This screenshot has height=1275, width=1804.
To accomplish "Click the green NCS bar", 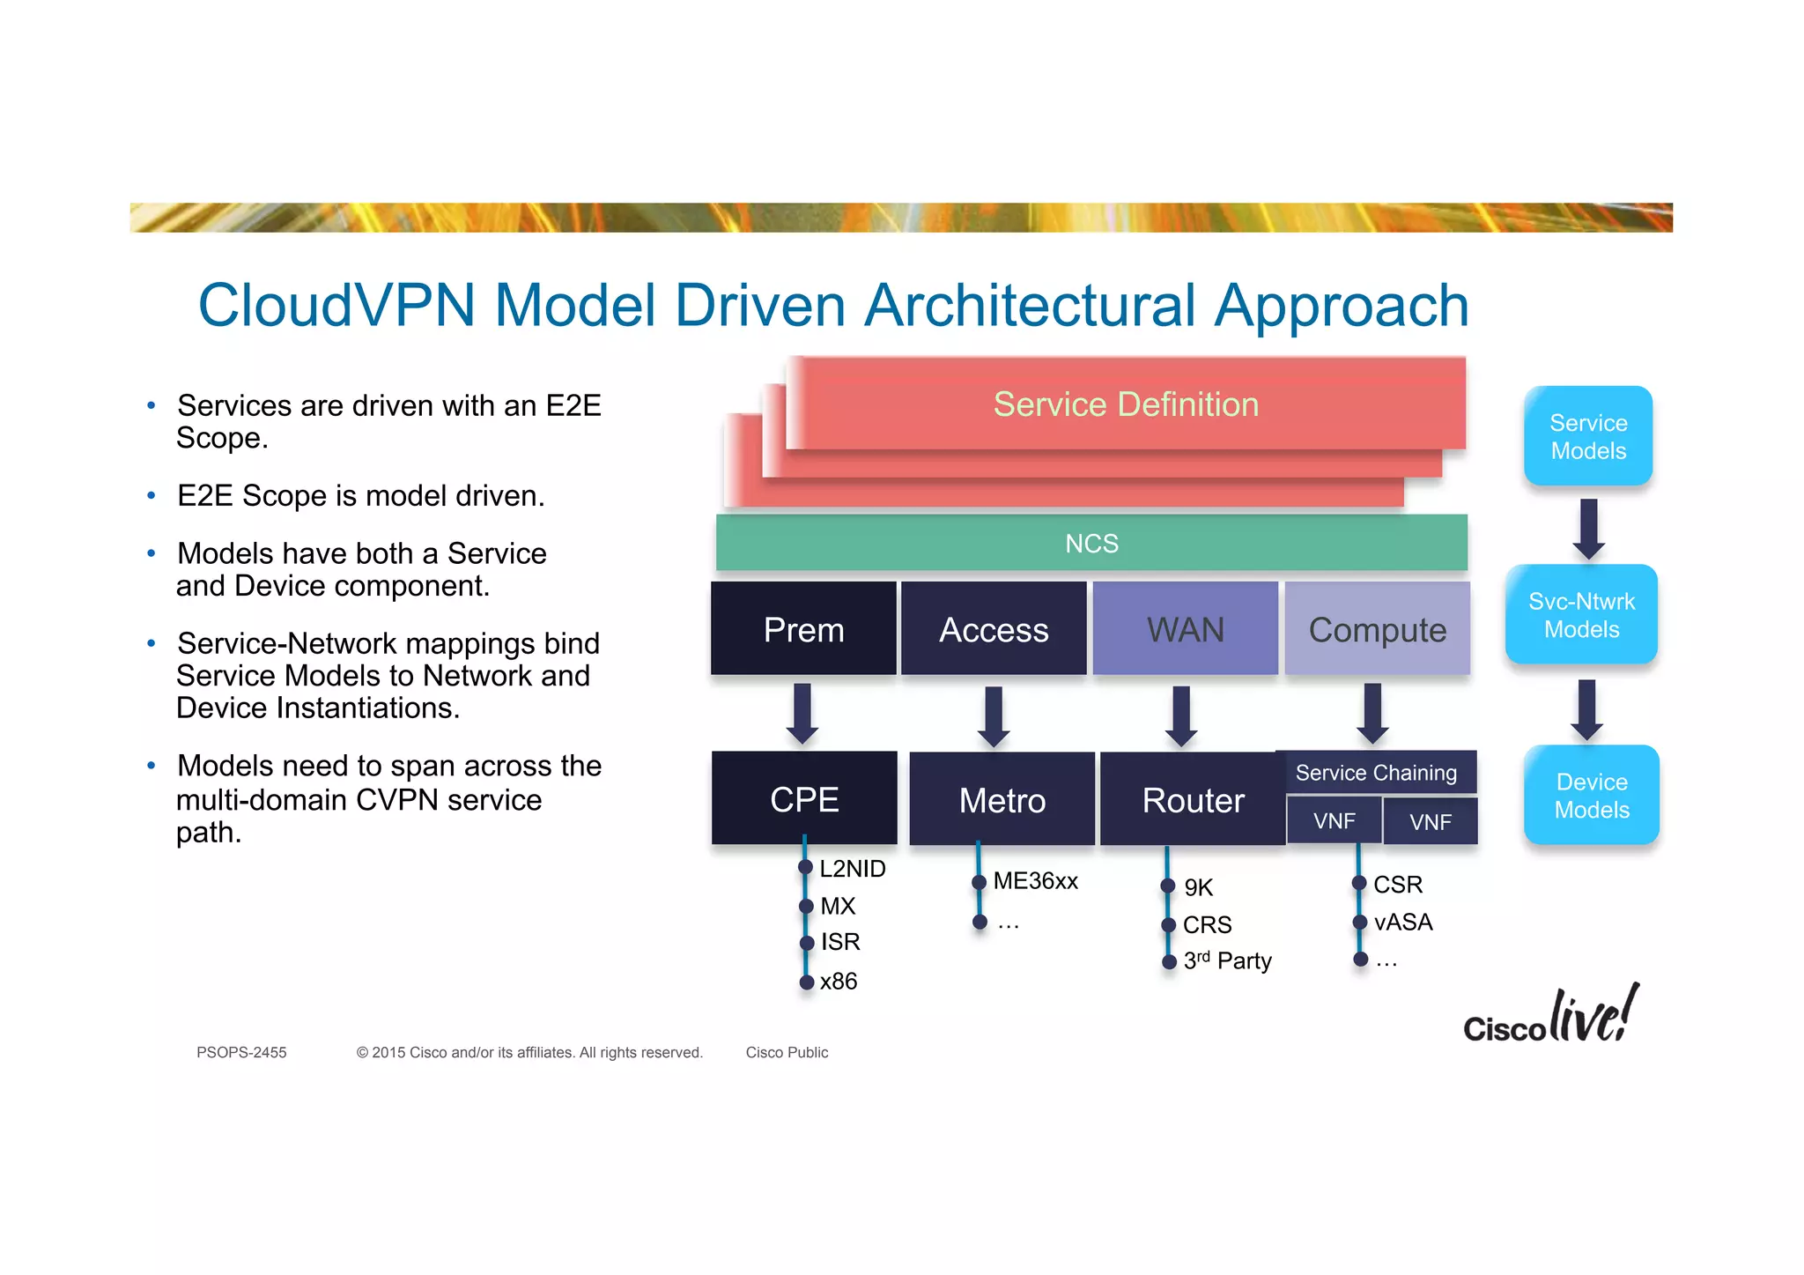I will tap(1091, 543).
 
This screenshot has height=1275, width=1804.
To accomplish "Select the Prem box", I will tap(803, 629).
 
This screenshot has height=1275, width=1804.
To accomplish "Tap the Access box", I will tap(994, 629).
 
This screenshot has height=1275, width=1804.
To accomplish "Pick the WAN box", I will tap(1185, 629).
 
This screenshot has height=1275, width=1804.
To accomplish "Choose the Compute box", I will tap(1377, 629).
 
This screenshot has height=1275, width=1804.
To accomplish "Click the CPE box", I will tap(803, 798).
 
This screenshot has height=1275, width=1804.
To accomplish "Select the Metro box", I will tap(1002, 799).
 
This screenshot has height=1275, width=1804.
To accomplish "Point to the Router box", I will tap(1192, 799).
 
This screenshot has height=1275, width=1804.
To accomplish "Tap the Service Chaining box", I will tap(1376, 773).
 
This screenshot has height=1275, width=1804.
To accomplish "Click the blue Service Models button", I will tap(1588, 436).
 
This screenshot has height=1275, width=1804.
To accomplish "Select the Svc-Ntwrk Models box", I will tap(1581, 615).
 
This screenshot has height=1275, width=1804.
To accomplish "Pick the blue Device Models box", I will tap(1591, 795).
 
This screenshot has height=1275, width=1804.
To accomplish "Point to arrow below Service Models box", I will tap(1588, 529).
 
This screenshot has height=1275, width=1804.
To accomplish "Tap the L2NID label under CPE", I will tap(852, 869).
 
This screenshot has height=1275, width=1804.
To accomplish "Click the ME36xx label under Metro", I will tap(1035, 881).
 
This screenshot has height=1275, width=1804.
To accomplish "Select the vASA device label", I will tap(1402, 922).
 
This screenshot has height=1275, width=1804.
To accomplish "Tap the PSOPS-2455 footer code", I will tap(241, 1052).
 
